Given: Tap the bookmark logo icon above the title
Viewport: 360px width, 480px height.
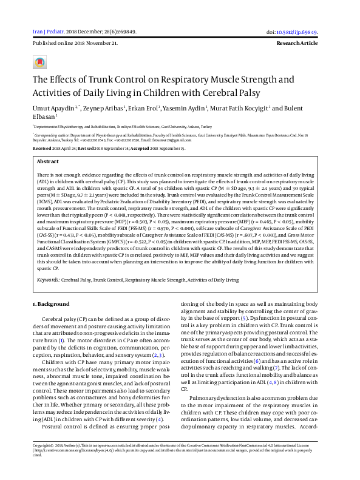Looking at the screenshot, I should [x=40, y=63].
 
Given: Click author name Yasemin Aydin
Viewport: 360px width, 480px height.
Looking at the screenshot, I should [x=189, y=107].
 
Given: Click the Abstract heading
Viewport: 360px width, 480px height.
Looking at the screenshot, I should [x=48, y=162].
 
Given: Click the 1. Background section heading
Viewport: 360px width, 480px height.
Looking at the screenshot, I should [x=50, y=303].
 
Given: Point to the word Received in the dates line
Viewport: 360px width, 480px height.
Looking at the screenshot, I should [x=42, y=148].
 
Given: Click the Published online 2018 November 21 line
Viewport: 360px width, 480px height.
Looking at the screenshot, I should [x=75, y=44].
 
